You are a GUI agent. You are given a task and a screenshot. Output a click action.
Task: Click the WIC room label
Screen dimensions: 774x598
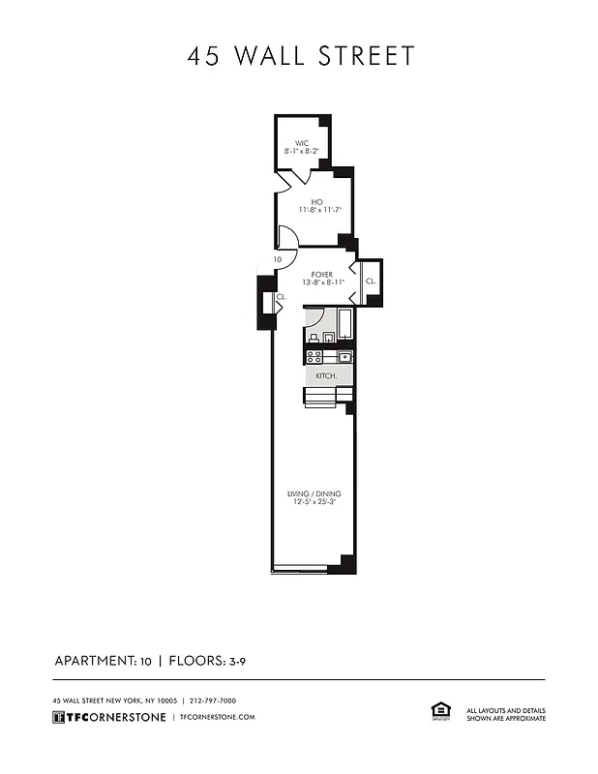point(301,143)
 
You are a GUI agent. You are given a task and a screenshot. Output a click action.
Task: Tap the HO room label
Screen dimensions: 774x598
point(316,200)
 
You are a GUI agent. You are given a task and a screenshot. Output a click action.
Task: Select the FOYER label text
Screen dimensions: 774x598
point(322,274)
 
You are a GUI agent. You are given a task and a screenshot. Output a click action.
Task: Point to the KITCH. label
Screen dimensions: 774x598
point(326,374)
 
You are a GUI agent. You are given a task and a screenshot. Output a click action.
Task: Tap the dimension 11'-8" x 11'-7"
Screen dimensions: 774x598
point(316,209)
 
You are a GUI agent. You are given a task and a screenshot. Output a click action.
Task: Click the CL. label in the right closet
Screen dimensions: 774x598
point(370,281)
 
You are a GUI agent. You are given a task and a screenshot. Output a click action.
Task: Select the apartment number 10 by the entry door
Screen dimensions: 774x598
point(277,259)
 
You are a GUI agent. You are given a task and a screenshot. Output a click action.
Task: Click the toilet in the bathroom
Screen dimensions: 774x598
point(314,337)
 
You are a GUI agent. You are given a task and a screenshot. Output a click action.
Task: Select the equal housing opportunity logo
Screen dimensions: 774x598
point(437,711)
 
